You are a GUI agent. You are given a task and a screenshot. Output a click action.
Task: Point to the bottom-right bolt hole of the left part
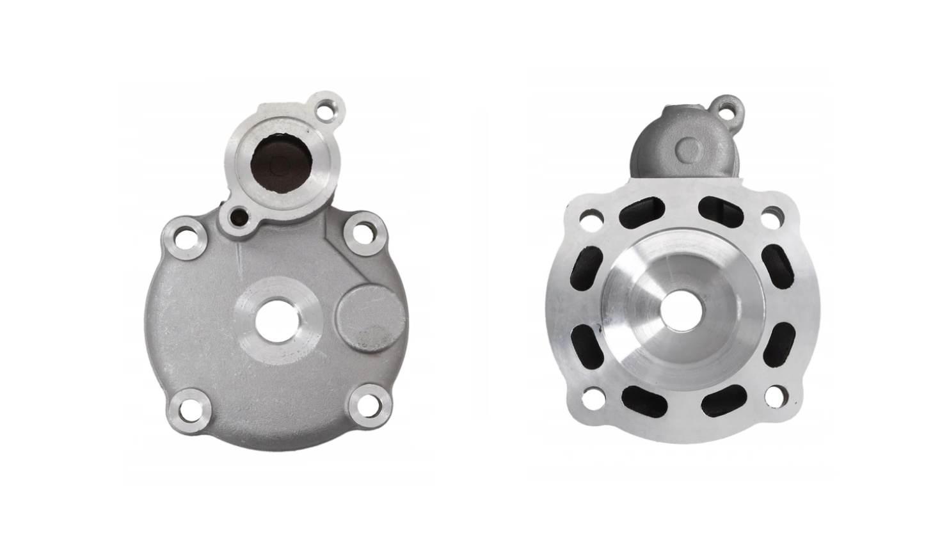[370, 406]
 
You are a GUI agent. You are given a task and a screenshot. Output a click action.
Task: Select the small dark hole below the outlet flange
[238, 216]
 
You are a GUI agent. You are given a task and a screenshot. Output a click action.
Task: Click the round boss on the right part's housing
[688, 150]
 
